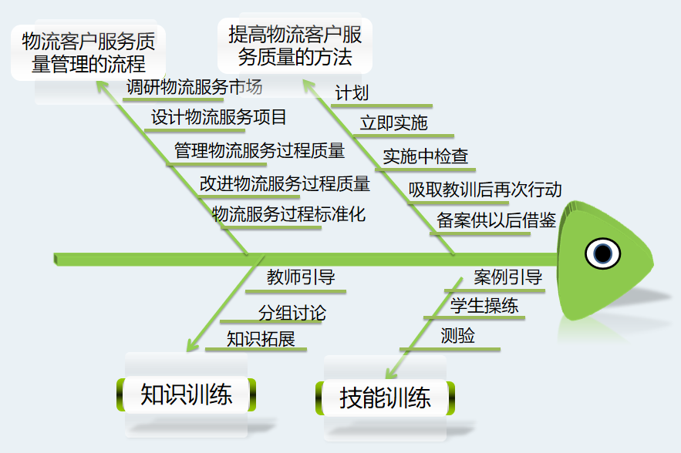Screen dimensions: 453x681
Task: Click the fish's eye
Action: tap(602, 253)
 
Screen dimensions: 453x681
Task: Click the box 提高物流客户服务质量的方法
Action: tap(295, 45)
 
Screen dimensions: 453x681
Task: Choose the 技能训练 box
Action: tap(385, 398)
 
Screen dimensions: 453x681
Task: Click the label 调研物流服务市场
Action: tap(194, 86)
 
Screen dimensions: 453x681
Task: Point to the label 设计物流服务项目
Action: tap(219, 117)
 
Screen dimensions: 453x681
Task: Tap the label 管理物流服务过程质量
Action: tap(259, 150)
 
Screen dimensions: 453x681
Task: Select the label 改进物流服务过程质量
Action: tap(285, 183)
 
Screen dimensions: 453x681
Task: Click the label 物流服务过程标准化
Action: tap(288, 214)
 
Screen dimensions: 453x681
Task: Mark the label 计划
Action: tap(352, 93)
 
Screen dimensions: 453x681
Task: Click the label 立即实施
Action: tap(393, 123)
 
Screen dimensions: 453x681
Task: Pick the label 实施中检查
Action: tap(426, 156)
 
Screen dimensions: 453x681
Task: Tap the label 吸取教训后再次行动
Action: tap(485, 190)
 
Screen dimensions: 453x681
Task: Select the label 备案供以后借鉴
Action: tap(497, 220)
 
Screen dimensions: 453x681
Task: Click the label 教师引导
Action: tap(301, 277)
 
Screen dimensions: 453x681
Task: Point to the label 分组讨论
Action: tap(292, 313)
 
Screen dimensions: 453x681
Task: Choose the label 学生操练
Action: tap(484, 306)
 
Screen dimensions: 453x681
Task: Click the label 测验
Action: tap(457, 336)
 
